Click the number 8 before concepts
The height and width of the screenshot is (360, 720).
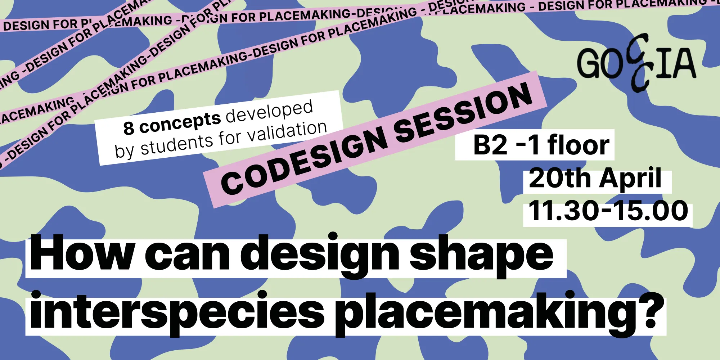point(129,128)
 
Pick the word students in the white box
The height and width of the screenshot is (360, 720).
point(176,144)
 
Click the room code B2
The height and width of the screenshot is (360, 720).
point(490,145)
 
